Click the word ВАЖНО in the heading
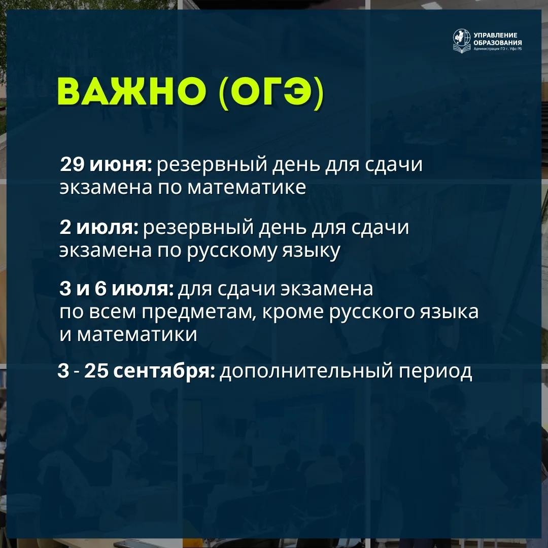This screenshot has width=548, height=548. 133,93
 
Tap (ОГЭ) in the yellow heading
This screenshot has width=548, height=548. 271,94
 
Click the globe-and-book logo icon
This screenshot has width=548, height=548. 462,40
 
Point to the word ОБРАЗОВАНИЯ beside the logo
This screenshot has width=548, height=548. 497,42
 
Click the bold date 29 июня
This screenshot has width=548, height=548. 106,165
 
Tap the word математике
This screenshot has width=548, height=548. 247,187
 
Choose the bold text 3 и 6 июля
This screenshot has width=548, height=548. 117,290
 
